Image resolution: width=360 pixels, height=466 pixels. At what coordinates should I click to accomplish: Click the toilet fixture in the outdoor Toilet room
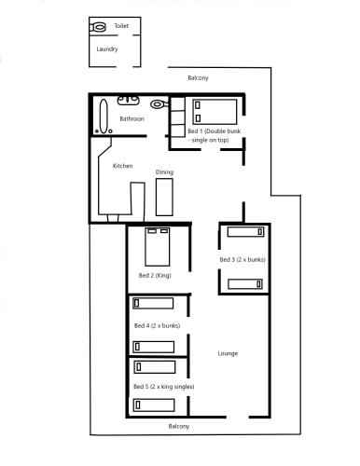[98, 27]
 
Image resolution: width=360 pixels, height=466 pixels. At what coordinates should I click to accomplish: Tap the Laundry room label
[107, 49]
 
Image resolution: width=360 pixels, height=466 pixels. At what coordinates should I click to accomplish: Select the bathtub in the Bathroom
[104, 116]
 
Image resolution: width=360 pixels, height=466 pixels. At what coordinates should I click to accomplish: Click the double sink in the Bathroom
[128, 101]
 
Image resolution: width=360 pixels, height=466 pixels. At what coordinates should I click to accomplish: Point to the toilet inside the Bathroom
[159, 104]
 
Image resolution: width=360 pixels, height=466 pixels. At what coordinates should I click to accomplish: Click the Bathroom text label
[132, 118]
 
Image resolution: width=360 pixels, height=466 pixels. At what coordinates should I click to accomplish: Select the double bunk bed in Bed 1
[215, 112]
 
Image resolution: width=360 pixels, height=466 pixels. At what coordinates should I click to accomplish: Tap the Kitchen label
[122, 166]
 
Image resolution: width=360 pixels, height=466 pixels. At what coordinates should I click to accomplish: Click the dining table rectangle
[164, 198]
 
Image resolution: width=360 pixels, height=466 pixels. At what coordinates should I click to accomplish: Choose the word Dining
[164, 172]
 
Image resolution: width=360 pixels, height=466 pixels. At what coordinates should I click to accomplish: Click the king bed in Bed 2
[158, 247]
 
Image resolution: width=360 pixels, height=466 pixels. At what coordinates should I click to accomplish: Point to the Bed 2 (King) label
[155, 276]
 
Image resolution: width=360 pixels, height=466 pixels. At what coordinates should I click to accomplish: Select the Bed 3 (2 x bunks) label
[242, 259]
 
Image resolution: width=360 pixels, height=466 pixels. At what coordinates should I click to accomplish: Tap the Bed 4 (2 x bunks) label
[157, 325]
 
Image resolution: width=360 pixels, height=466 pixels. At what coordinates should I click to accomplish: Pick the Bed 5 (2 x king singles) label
[164, 387]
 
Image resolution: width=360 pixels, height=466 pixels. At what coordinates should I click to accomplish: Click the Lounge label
[228, 353]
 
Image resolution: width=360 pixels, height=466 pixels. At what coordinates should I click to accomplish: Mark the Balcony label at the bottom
[179, 426]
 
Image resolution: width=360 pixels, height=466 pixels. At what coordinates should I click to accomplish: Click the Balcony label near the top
[198, 77]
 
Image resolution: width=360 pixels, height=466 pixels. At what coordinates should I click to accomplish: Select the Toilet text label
[121, 26]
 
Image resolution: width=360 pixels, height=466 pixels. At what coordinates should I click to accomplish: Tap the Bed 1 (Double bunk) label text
[215, 135]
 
